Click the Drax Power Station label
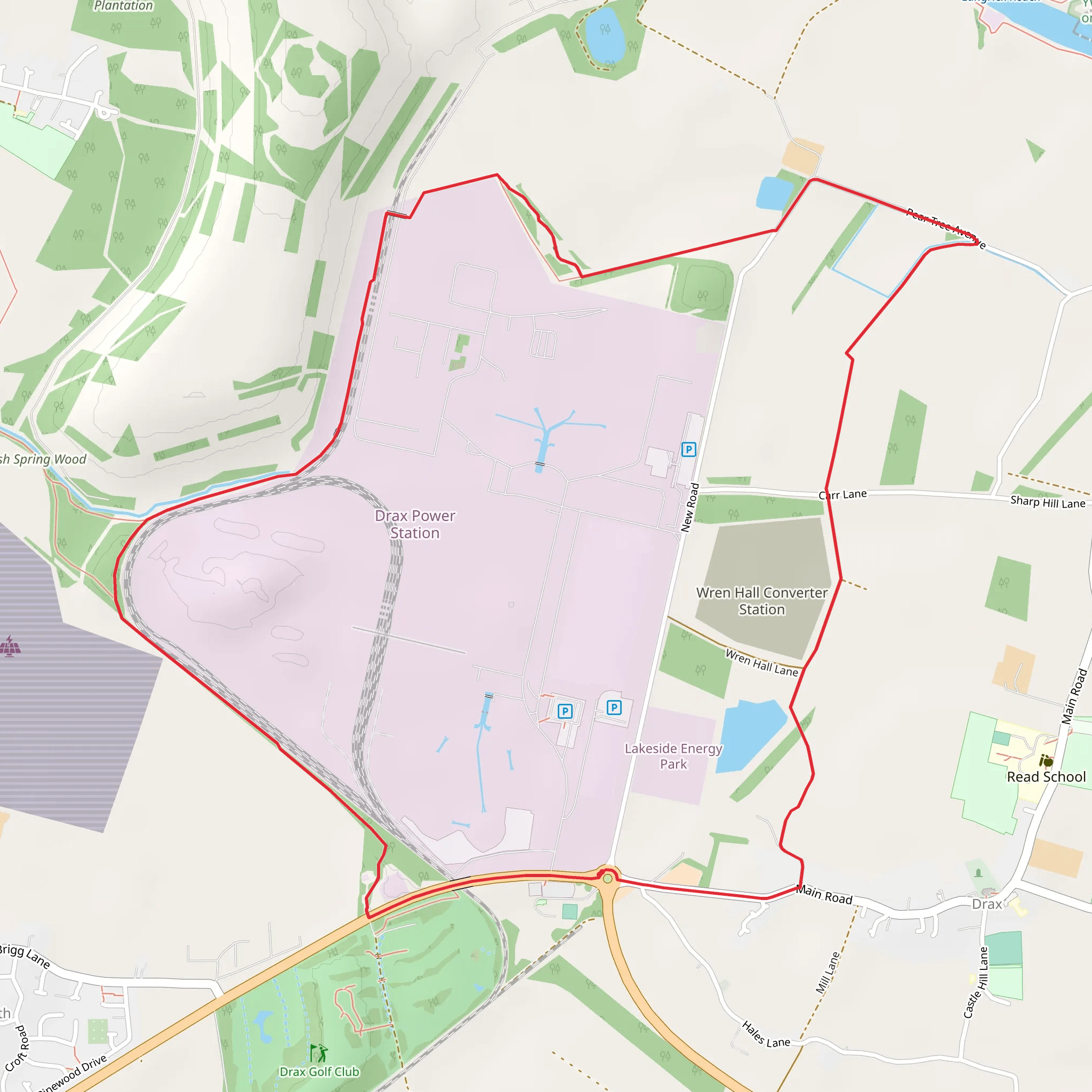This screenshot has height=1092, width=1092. click(415, 524)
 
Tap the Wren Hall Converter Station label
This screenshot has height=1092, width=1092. click(761, 601)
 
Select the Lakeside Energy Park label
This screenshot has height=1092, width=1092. click(673, 756)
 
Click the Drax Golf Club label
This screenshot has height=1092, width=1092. click(319, 1072)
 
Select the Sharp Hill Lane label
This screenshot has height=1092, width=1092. click(1047, 502)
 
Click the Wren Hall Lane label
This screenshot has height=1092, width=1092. click(761, 662)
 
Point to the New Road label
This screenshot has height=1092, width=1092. click(689, 508)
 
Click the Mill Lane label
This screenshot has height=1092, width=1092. click(828, 973)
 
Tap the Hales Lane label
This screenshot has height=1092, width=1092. click(766, 1034)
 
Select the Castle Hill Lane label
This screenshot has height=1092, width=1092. click(976, 982)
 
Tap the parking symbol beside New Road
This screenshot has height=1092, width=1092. click(688, 449)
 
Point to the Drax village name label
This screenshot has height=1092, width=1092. click(986, 904)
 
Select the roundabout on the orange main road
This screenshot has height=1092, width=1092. click(608, 878)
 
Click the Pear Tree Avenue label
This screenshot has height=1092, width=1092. click(945, 228)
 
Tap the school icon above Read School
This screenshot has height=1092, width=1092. click(1046, 761)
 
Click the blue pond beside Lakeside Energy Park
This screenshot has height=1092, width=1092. click(749, 735)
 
